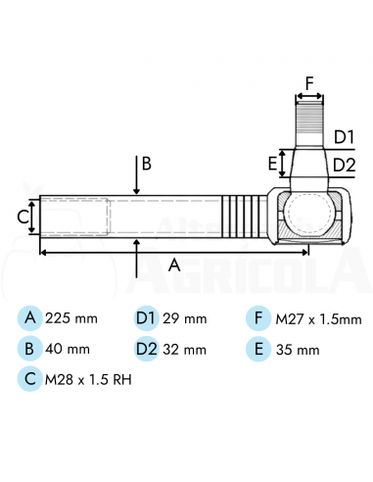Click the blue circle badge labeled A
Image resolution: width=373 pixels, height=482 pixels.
click(x=30, y=317)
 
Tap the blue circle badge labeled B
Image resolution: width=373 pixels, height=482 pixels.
click(x=30, y=349)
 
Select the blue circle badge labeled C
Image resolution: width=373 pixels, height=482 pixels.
click(x=30, y=379)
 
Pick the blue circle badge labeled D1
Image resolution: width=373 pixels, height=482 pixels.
click(x=147, y=317)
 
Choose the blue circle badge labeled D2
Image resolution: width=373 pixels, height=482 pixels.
click(x=147, y=349)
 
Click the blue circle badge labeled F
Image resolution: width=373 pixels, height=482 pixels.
click(x=258, y=318)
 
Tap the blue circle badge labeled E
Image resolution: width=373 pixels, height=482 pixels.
click(x=258, y=349)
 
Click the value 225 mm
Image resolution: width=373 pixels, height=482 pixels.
click(x=71, y=318)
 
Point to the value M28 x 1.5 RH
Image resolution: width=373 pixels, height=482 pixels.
click(x=88, y=380)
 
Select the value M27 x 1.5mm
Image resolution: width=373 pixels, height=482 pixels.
click(x=319, y=319)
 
